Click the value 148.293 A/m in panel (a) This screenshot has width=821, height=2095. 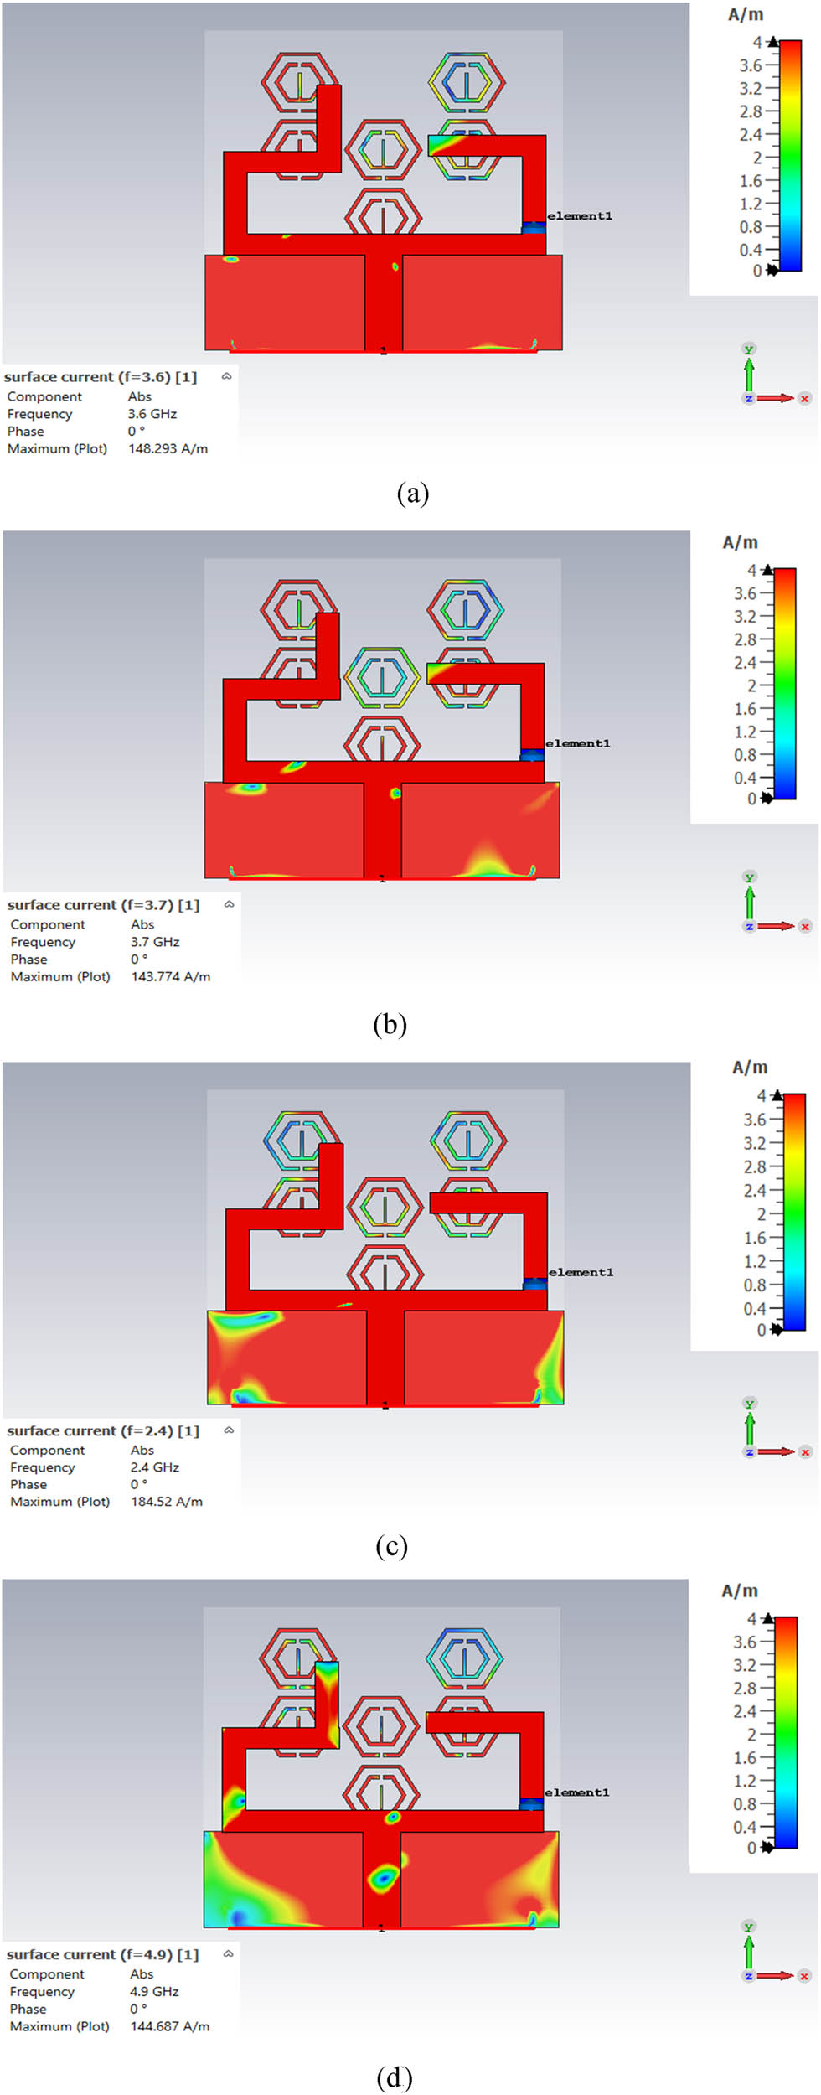click(x=168, y=448)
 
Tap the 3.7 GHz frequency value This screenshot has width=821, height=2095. click(x=155, y=942)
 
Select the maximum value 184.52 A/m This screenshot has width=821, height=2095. click(x=166, y=1502)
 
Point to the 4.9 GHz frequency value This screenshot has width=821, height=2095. click(x=154, y=1991)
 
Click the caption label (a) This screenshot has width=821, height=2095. click(x=413, y=493)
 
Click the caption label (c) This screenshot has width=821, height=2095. click(x=391, y=1545)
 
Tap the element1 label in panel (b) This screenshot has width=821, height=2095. click(x=577, y=743)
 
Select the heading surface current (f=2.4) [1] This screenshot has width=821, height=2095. click(x=103, y=1430)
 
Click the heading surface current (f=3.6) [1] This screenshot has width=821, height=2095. click(x=101, y=377)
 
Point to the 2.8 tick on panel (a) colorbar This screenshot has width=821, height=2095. click(x=751, y=111)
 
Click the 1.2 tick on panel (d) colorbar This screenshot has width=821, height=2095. click(x=746, y=1780)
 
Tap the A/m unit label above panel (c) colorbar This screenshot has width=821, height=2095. click(x=750, y=1068)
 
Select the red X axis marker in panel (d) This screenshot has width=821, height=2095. click(x=804, y=1975)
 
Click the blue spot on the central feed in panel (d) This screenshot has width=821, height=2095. click(x=384, y=1879)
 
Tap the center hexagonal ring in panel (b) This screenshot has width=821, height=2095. click(x=382, y=677)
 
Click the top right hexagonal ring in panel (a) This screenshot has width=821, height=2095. click(x=467, y=82)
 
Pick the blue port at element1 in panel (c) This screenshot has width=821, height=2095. click(x=534, y=1283)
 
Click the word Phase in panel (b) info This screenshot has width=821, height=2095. click(x=28, y=959)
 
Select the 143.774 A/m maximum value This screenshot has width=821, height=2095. click(x=170, y=976)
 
